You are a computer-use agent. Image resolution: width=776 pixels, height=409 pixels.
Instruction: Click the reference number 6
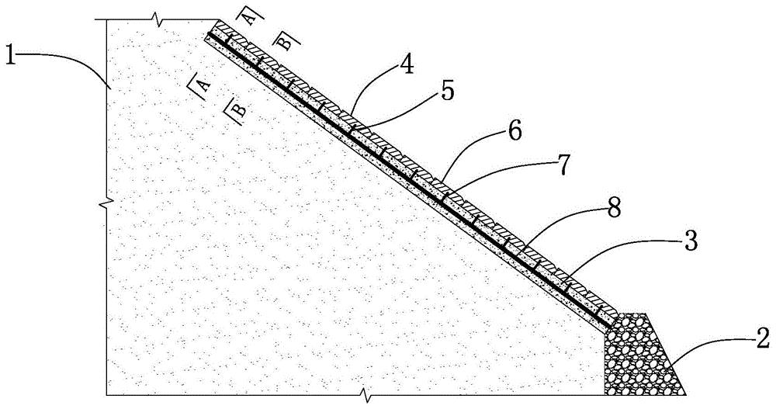coord(514,133)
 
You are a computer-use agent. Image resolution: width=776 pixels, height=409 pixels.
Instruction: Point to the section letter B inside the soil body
coord(238,108)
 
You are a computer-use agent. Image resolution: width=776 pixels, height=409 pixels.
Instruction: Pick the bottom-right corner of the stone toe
coord(686,394)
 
